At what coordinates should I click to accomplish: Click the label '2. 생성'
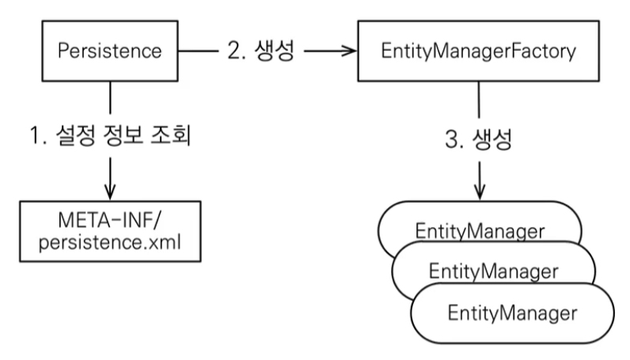pyautogui.click(x=261, y=51)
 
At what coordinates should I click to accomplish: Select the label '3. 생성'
pyautogui.click(x=479, y=139)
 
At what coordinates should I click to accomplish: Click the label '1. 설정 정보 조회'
pyautogui.click(x=110, y=135)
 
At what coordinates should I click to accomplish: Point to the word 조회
pyautogui.click(x=170, y=135)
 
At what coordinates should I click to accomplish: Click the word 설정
pyautogui.click(x=75, y=135)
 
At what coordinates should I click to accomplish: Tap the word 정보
pyautogui.click(x=123, y=135)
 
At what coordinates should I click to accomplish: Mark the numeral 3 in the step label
pyautogui.click(x=453, y=139)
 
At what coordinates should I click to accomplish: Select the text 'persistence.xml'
pyautogui.click(x=110, y=243)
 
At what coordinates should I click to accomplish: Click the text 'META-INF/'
pyautogui.click(x=110, y=220)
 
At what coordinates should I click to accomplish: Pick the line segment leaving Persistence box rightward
pyautogui.click(x=199, y=51)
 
